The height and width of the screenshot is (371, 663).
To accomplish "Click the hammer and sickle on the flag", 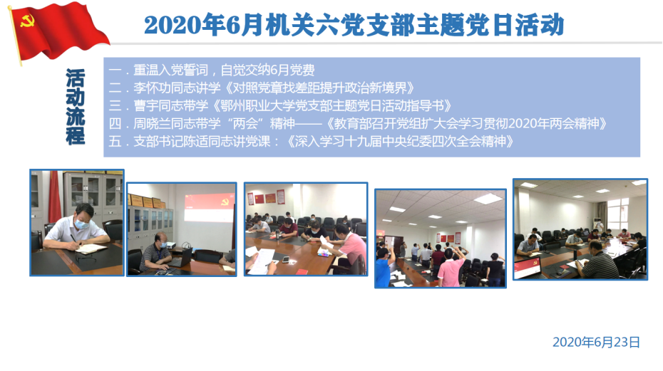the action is (x=26, y=21).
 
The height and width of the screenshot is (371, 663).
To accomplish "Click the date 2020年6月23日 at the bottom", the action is (x=596, y=343).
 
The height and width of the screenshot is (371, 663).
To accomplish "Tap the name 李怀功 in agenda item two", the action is (x=153, y=88).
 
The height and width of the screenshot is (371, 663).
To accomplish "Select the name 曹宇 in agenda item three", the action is (x=146, y=105).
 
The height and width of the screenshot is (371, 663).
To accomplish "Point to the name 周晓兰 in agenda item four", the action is (x=153, y=123).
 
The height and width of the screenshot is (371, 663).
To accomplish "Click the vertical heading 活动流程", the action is (x=76, y=107).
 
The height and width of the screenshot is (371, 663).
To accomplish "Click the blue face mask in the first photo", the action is (x=82, y=224).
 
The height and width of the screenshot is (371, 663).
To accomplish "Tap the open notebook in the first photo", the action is (x=91, y=249).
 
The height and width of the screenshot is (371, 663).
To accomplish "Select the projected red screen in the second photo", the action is (x=210, y=208).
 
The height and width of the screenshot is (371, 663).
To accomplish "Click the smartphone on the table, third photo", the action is (x=287, y=260).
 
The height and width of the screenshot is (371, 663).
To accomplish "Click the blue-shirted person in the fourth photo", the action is (x=384, y=268).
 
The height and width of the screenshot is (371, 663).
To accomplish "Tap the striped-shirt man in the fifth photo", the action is (x=599, y=260).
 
